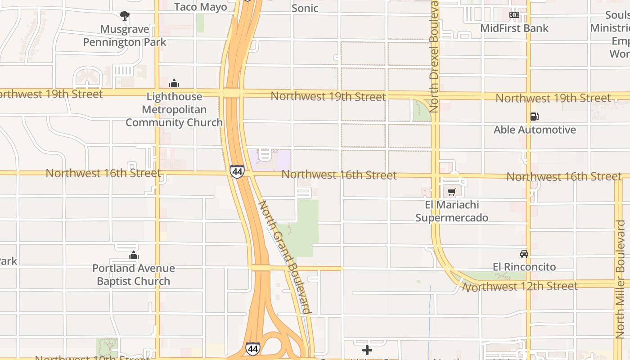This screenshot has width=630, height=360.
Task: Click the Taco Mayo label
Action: point(201,7)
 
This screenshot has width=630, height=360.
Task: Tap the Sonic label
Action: point(305,8)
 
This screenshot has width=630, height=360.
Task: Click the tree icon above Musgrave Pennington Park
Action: point(125,16)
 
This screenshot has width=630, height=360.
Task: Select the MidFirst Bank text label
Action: point(514,28)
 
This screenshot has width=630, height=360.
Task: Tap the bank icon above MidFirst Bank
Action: point(514,15)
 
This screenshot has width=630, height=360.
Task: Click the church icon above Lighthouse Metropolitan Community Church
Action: point(174,83)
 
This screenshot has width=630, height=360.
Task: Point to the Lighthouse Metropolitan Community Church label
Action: point(174,109)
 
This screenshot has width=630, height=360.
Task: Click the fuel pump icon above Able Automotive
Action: point(535,117)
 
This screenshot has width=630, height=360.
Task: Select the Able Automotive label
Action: point(535,130)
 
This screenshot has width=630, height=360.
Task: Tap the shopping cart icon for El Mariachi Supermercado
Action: point(452,192)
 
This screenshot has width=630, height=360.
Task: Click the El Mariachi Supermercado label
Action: point(452,211)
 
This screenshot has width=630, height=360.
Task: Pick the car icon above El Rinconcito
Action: point(524,253)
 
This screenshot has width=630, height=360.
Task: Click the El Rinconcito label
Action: point(524,267)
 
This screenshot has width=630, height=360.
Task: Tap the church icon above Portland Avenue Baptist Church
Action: point(133,255)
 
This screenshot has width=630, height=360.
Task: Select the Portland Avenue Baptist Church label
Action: point(133,274)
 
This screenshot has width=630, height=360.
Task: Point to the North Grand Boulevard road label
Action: point(284,257)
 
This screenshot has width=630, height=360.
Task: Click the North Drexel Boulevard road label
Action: point(434,56)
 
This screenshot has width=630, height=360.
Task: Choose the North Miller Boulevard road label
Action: point(620,279)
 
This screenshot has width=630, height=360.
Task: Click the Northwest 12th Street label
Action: point(520,286)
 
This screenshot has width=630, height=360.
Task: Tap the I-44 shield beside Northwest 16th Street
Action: point(237,171)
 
